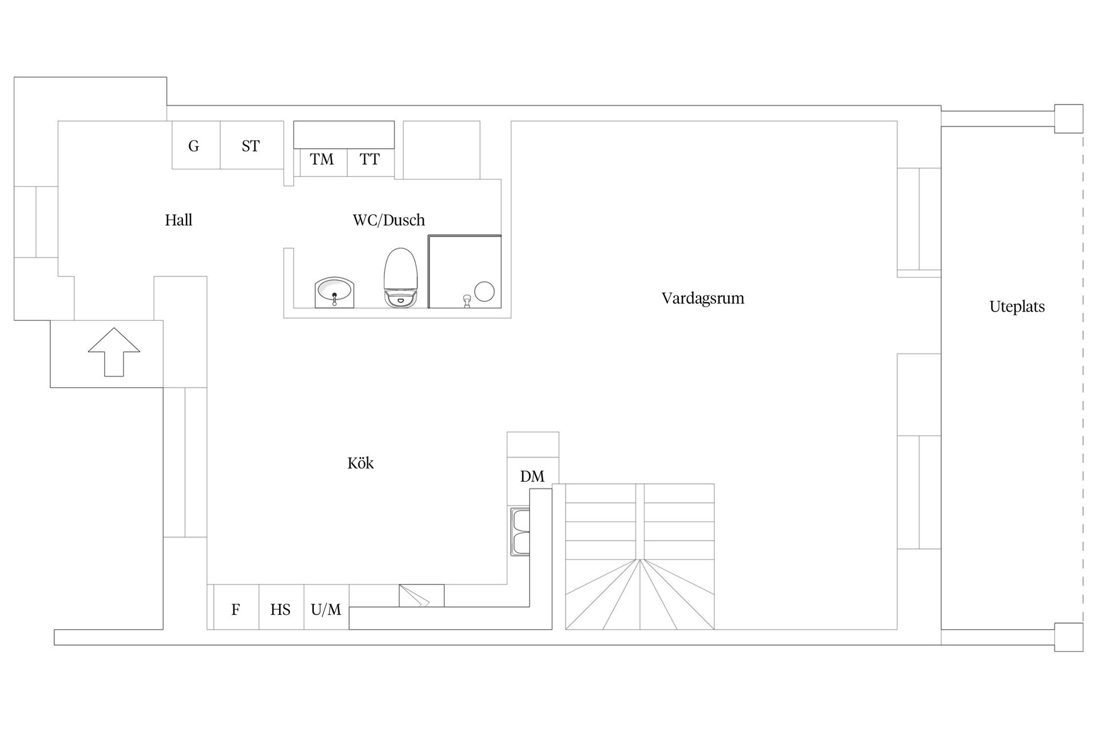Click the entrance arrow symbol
114,352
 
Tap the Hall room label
178,220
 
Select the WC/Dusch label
388,220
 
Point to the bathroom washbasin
335,292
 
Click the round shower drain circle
484,292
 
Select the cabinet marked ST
251,145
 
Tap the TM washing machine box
322,160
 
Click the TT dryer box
370,160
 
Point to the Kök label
360,463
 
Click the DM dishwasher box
532,476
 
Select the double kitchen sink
521,532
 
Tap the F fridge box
236,610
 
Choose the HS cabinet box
281,610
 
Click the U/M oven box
326,610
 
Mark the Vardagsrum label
703,299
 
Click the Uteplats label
1017,307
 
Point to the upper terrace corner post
1068,118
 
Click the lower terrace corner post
1068,637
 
